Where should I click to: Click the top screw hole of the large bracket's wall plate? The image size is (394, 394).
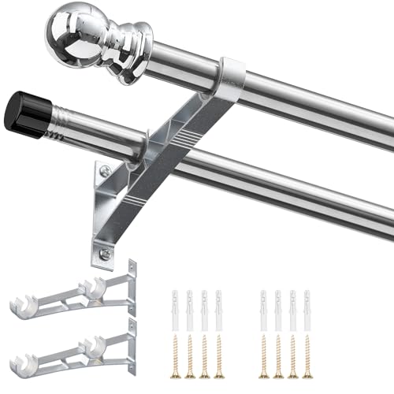click(x=103, y=170)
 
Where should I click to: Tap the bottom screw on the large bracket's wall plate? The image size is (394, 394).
click(x=104, y=253)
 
